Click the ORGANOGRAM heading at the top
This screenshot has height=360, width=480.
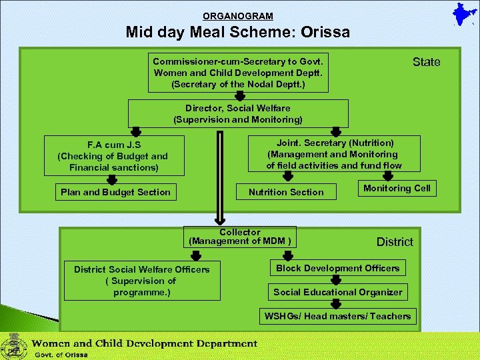[x=238, y=16]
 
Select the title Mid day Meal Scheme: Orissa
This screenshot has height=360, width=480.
[x=238, y=32]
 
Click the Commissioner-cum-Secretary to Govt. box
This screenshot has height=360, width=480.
[x=238, y=73]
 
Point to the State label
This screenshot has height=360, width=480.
[x=426, y=62]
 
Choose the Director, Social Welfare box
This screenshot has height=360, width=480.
[x=238, y=114]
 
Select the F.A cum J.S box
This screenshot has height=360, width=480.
[x=113, y=156]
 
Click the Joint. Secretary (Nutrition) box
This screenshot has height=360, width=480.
[x=334, y=154]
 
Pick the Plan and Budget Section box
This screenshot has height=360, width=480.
[x=115, y=192]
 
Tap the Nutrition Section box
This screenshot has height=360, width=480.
[x=286, y=192]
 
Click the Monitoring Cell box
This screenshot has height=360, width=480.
[x=397, y=189]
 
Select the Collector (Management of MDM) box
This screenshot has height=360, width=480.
[x=240, y=237]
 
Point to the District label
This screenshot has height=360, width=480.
[x=395, y=242]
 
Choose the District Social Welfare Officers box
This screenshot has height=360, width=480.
[x=141, y=281]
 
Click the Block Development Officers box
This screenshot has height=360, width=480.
[x=337, y=268]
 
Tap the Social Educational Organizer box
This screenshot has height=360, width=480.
[x=337, y=292]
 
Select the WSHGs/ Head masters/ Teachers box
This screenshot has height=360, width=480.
[x=337, y=316]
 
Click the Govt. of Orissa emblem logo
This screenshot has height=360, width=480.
[x=11, y=347]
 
